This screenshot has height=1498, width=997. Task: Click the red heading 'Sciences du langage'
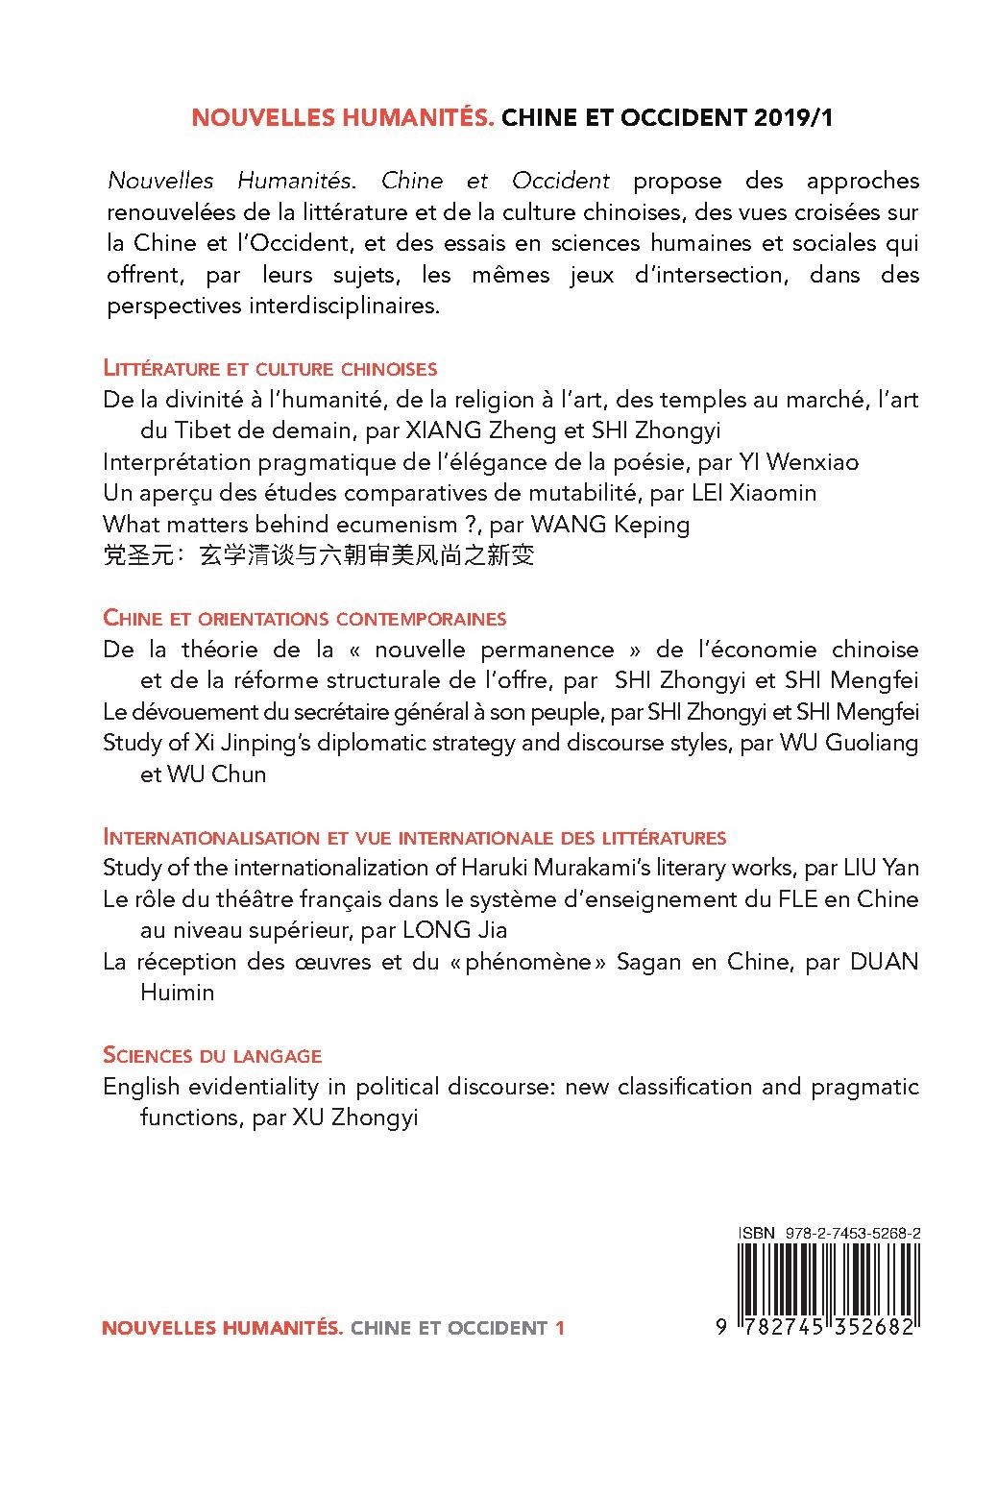pyautogui.click(x=211, y=1055)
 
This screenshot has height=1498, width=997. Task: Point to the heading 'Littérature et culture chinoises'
pyautogui.click(x=270, y=367)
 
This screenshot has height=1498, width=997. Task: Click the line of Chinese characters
pyautogui.click(x=317, y=555)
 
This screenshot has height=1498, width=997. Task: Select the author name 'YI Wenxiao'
pyautogui.click(x=798, y=462)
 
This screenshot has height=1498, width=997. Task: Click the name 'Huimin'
pyautogui.click(x=178, y=993)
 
